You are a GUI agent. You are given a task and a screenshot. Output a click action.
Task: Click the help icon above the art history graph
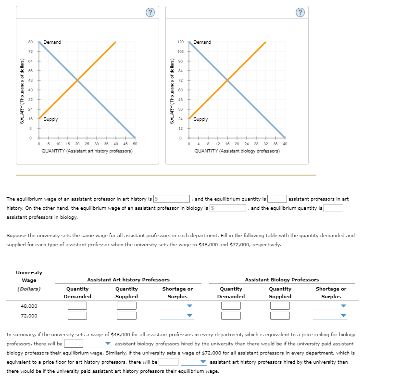coord(150,13)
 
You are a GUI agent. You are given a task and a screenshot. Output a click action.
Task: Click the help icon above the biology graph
coord(300,13)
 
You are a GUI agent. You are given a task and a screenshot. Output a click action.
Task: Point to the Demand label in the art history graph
coord(52,42)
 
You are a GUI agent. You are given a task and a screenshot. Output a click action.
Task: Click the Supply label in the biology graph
coord(201,119)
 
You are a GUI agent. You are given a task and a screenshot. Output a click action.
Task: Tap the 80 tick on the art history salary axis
coord(30,42)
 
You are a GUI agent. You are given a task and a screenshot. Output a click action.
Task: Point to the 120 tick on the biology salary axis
coord(181,42)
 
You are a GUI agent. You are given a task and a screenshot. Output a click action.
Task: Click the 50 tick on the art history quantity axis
coord(135,144)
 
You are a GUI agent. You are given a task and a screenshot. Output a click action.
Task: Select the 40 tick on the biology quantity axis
coord(285,144)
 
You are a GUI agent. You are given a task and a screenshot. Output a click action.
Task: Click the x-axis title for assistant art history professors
coord(87,151)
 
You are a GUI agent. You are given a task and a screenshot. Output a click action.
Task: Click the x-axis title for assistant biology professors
coord(237,151)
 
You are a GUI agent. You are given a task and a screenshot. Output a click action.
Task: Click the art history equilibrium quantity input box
coord(277,199)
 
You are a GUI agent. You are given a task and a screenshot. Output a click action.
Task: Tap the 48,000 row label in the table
coord(29,306)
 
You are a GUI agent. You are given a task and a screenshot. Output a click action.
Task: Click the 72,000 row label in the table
coord(29,316)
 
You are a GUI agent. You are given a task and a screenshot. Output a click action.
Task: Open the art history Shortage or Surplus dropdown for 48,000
coord(176,306)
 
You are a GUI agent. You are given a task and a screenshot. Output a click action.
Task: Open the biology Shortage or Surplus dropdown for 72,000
coord(330,316)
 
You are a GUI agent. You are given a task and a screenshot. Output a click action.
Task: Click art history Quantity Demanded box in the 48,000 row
coord(77,306)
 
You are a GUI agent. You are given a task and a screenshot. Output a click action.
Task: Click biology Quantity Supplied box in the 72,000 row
coord(280,316)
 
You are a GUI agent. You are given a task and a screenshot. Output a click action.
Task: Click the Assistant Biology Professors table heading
coord(282,279)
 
